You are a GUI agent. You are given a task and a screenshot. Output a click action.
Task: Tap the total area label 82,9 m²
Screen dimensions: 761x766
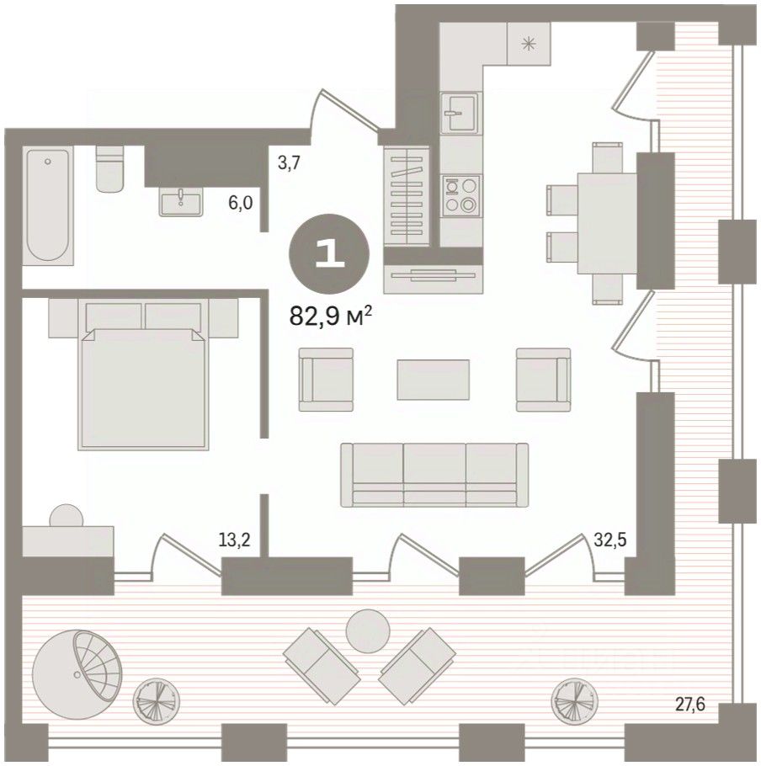tap(331, 316)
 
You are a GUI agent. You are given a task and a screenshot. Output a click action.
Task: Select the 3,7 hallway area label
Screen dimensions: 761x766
tap(288, 162)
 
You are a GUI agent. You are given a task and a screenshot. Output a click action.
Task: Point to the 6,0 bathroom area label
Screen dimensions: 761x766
tap(240, 202)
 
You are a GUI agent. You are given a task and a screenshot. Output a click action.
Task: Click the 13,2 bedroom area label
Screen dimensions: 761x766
tap(235, 540)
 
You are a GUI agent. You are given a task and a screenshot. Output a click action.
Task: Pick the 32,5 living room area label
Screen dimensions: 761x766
tap(610, 540)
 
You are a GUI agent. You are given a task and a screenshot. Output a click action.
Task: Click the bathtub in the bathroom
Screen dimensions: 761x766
tap(48, 205)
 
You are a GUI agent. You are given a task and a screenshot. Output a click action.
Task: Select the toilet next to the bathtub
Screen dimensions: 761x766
tap(110, 168)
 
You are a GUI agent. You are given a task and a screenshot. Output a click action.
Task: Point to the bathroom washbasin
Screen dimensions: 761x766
tap(181, 203)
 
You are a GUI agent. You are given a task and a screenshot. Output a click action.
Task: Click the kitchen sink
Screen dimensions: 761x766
tap(459, 113)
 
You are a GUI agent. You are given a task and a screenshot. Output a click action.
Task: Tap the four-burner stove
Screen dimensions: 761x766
tap(461, 196)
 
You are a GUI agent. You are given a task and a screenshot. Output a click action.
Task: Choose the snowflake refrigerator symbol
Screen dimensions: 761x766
tap(527, 45)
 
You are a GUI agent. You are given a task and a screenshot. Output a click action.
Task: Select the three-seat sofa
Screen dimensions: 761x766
tap(434, 475)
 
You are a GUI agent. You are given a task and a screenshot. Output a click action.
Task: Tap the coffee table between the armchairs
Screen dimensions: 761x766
tap(434, 380)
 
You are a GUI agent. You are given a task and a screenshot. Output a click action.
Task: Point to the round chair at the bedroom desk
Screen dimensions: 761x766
tap(67, 515)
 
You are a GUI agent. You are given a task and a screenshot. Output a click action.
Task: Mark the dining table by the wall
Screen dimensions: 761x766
tap(607, 223)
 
